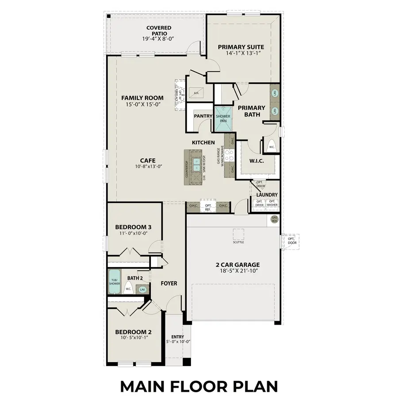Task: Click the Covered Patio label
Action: click(159, 31)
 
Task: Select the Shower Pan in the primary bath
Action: click(223, 118)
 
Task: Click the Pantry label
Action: click(203, 116)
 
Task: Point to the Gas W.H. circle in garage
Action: click(274, 219)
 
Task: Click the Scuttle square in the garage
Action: click(238, 234)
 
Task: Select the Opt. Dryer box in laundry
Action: click(259, 203)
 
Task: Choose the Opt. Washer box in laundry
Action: click(272, 203)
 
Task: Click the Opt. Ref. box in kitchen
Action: click(207, 207)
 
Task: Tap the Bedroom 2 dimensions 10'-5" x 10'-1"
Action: click(134, 337)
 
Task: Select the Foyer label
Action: click(168, 283)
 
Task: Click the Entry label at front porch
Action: click(178, 337)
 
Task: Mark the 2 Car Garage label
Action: click(237, 265)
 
